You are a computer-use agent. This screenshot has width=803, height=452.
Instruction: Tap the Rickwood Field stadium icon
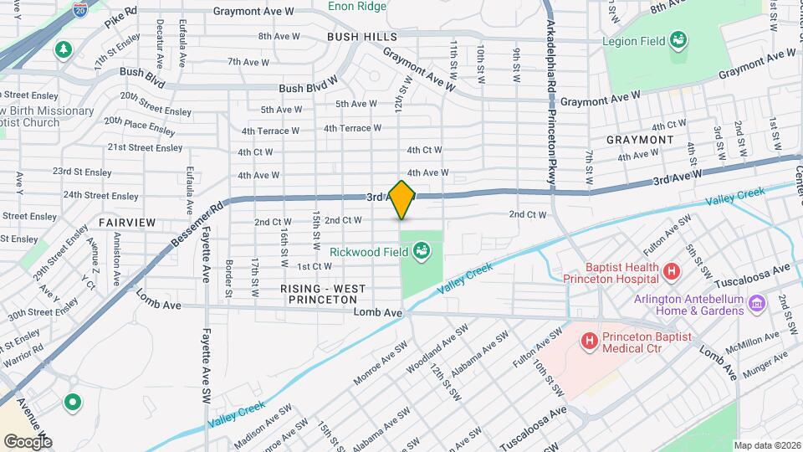(422, 249)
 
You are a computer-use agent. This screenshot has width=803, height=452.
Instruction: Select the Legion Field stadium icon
(679, 40)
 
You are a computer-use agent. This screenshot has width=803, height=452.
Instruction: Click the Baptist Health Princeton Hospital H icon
(670, 271)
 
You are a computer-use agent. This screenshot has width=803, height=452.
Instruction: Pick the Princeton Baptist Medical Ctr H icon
(589, 341)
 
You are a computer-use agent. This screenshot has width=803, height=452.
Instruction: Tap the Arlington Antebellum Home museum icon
(757, 301)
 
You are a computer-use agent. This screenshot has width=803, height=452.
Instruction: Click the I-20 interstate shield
(80, 10)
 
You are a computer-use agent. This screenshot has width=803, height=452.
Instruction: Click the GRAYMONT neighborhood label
(640, 139)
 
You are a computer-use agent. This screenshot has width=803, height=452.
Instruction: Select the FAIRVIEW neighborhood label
(126, 223)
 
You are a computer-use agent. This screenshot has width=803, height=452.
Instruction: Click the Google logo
(28, 440)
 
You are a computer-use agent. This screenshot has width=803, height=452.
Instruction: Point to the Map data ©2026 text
(766, 445)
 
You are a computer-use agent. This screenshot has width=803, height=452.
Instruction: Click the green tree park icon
(63, 51)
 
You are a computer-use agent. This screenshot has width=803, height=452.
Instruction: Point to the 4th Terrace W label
(270, 131)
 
